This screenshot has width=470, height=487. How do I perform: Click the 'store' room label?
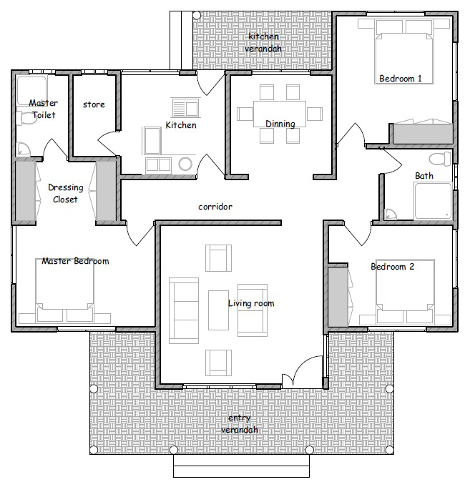coord(94,104)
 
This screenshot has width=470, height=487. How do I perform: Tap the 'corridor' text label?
coord(215,207)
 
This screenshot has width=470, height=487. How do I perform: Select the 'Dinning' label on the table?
coord(280,124)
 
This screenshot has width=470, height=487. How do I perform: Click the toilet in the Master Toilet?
coord(26,118)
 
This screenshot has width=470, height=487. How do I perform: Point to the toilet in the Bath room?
coord(440,159)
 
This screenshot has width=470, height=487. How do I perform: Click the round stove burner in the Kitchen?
coord(185,164)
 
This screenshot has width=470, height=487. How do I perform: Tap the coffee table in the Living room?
coord(218,310)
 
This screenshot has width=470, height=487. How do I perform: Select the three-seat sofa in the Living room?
coord(184,310)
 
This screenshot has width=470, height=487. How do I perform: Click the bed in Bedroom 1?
coord(404,51)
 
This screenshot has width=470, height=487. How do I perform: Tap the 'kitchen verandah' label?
coord(263,43)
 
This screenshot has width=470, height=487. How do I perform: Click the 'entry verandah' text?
coord(240,424)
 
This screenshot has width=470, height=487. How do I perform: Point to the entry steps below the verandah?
coord(241,466)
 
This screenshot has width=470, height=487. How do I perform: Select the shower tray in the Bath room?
coord(432,202)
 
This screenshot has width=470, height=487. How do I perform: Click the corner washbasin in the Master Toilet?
coord(22,149)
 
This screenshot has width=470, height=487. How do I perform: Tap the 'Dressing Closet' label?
coord(66,194)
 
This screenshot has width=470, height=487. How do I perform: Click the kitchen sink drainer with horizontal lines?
coord(179,108)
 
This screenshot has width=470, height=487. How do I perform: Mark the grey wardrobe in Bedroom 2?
coord(338,297)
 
